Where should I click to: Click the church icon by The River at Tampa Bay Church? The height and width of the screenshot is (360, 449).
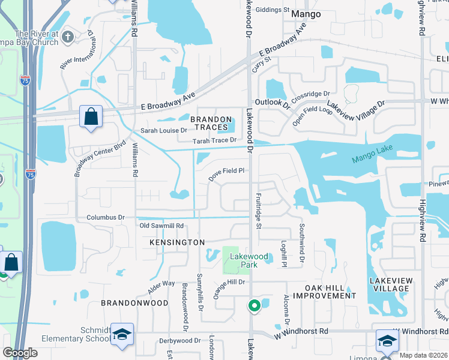click(x=68, y=37)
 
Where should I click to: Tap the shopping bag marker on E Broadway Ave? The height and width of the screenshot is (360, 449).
click(x=91, y=116)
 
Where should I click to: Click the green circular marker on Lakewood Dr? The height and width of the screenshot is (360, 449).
click(x=255, y=306)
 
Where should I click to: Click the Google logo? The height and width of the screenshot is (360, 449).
click(x=20, y=353)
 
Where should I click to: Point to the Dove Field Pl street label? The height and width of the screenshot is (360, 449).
click(x=227, y=174)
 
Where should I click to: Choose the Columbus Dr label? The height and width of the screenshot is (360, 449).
click(x=105, y=217)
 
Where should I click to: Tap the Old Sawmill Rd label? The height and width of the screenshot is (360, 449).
click(x=161, y=226)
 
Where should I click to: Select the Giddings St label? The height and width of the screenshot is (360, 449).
click(x=273, y=10)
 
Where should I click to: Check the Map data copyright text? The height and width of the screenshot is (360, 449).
click(x=423, y=355)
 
